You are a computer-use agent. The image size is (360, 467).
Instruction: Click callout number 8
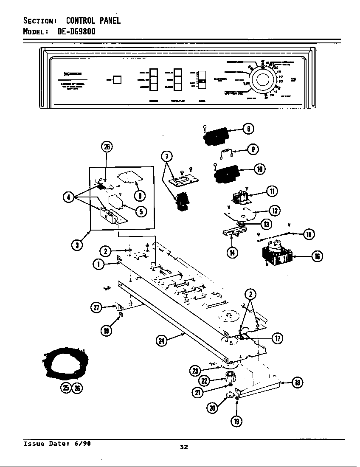(248, 129)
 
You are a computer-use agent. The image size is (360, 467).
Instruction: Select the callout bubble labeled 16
(317, 256)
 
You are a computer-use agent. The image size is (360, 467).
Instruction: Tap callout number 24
(161, 340)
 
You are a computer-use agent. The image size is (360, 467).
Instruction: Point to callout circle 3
(77, 245)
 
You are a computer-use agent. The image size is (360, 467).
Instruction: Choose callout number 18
(298, 383)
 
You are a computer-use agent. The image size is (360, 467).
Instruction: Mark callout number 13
(267, 224)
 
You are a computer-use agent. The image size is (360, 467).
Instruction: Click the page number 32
(183, 447)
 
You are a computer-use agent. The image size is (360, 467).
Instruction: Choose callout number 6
(140, 195)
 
